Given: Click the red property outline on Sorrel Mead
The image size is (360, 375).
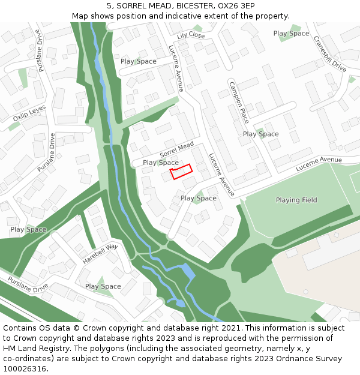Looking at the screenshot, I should click(x=181, y=171).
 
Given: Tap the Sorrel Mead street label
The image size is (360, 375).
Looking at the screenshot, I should click(x=177, y=150).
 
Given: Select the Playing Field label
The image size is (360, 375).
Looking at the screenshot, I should click(x=296, y=200).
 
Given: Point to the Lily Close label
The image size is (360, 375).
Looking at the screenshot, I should click(x=191, y=36).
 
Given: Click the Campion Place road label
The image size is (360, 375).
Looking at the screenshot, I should click(x=238, y=101).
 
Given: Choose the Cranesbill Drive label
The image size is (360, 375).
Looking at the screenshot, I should click(x=330, y=53).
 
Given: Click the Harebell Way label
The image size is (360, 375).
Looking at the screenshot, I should click(x=100, y=254).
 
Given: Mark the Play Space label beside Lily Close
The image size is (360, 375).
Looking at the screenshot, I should click(x=139, y=61).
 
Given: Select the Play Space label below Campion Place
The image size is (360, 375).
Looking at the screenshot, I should click(x=261, y=134).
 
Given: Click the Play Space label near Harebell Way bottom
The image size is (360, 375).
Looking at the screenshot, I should click(x=103, y=286).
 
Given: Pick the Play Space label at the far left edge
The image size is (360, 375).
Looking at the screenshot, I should click(x=28, y=229).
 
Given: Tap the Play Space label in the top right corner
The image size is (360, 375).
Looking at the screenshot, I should click(x=291, y=34).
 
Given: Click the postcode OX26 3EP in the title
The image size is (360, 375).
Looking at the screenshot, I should click(x=241, y=5).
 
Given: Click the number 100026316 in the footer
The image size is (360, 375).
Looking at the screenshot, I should click(x=25, y=368).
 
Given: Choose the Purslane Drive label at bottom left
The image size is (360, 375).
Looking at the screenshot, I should click(x=28, y=284).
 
